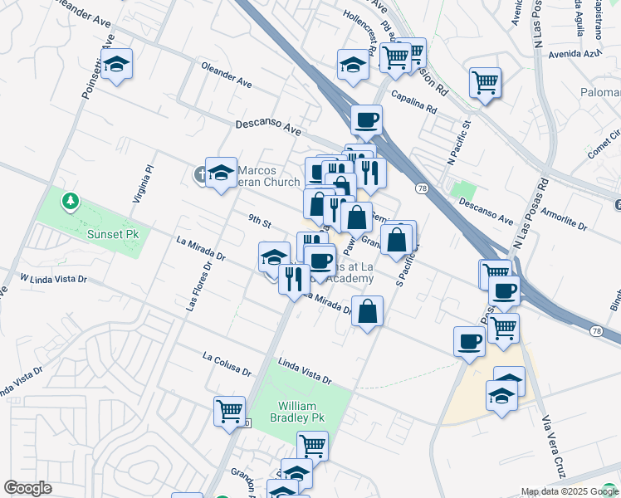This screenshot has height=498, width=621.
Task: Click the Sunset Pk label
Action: pos(113,234)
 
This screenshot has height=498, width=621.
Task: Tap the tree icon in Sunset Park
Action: pos(71,200)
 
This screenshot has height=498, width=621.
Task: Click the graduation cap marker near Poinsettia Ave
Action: pos(117,64)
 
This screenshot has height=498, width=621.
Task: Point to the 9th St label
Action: pos(260,222)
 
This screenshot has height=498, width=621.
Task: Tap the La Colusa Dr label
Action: pos(227,363)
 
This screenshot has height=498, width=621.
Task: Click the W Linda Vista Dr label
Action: pos(54,278)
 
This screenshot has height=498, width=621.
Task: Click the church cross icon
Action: pos(199,174)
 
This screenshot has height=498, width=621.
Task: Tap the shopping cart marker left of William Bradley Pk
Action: pos(229,410)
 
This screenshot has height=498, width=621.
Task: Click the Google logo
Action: pos(27,488)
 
